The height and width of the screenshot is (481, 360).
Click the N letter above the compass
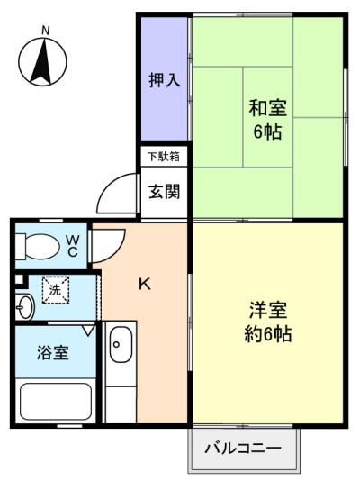pos(45,31)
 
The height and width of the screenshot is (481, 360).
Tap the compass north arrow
pos(41,62)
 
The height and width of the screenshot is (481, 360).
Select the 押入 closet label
pos(164,80)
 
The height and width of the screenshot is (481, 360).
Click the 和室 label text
pos(268,108)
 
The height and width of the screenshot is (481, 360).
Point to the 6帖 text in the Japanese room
pos(267,132)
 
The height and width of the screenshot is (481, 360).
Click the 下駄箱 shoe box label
pos(164,157)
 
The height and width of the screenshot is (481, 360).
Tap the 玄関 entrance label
pos(164,192)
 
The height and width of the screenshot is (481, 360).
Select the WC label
pos(73,245)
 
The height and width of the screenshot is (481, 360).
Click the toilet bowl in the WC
pos(38,246)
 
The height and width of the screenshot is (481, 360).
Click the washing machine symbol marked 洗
pos(56,290)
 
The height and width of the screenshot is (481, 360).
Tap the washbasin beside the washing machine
pos(25,307)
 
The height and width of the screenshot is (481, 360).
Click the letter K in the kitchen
pos(145,285)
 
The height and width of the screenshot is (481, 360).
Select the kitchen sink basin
pos(121,344)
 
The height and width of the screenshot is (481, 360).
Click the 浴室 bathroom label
pos(53,353)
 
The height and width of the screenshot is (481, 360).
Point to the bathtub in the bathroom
pos(56,402)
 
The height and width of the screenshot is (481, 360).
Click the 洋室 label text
pos(268,310)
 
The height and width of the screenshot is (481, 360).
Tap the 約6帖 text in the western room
pos(268,334)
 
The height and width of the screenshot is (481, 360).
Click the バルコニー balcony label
pos(243,449)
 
